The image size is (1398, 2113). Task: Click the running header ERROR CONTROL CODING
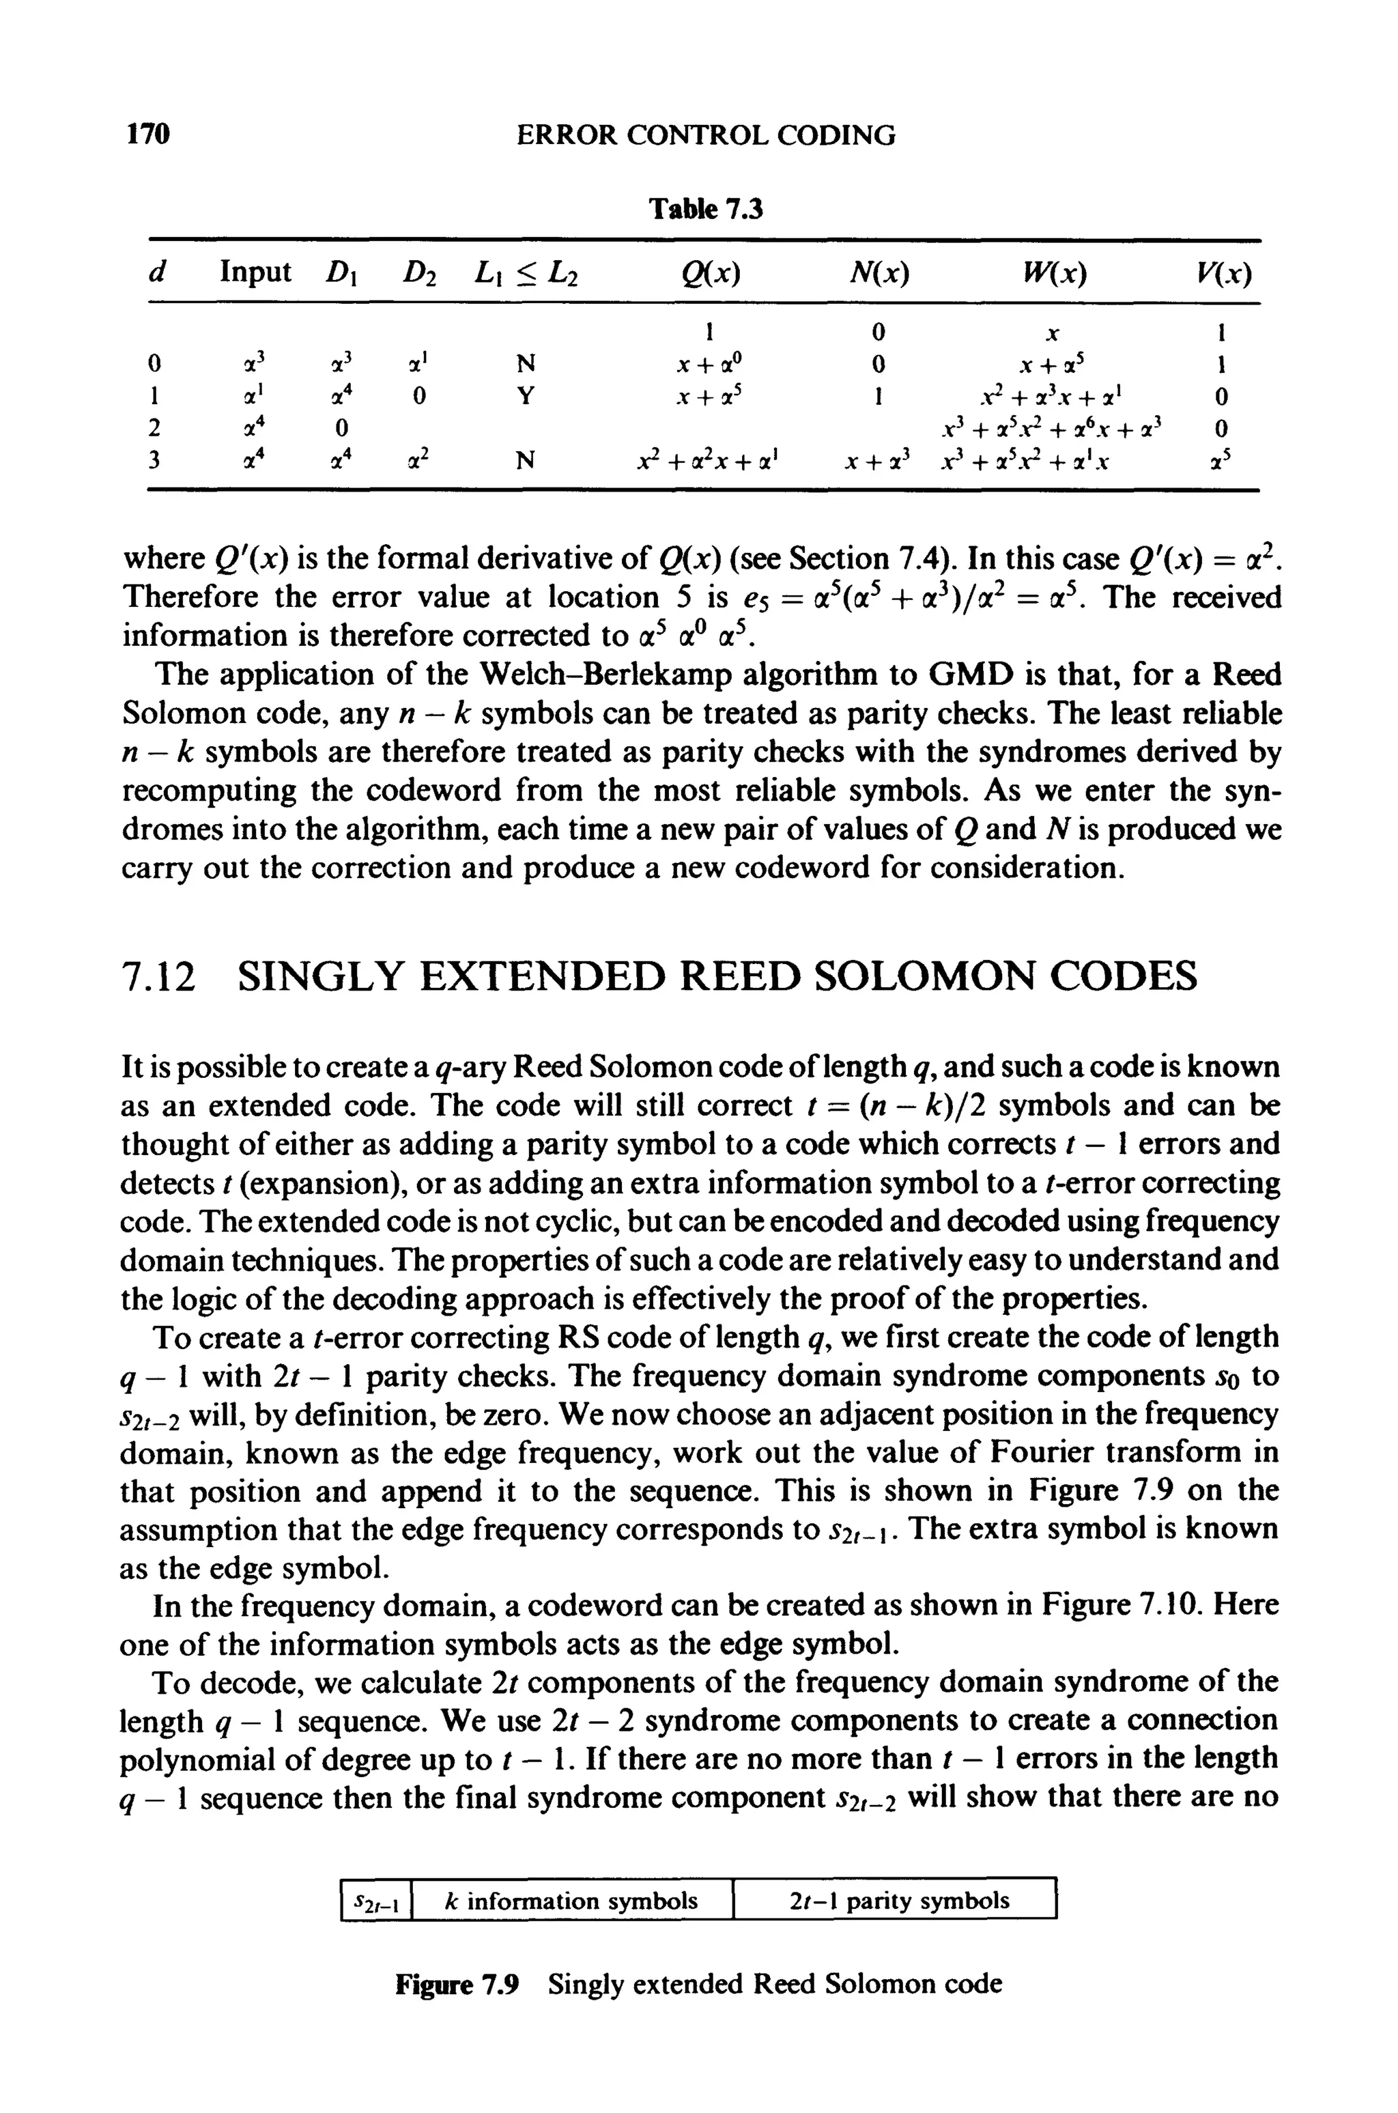tap(706, 135)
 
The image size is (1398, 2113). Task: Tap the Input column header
tap(255, 272)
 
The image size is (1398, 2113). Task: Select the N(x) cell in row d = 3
tap(879, 460)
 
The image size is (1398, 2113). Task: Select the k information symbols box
tap(571, 1901)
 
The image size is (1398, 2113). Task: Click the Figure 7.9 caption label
tap(457, 1985)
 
